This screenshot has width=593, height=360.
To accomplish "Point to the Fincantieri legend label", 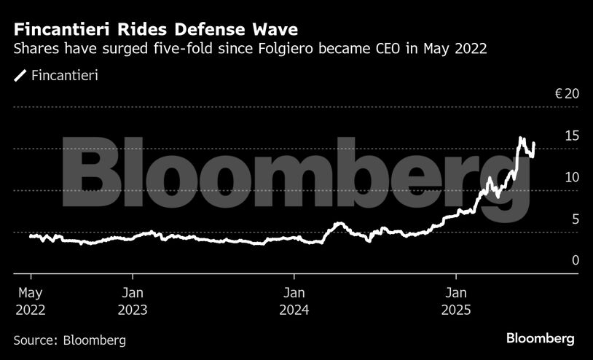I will (x=66, y=75).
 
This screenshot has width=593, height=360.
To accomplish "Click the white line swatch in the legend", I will (x=20, y=75).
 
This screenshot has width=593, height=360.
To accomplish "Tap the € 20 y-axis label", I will (x=566, y=94).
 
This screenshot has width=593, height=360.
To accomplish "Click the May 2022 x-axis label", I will (x=30, y=301).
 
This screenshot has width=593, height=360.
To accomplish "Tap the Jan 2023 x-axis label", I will (x=133, y=301).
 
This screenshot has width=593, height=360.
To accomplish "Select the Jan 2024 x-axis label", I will (x=294, y=301).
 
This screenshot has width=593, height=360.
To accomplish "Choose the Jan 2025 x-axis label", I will (x=456, y=301).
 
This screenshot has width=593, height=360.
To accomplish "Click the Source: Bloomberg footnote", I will (x=69, y=340).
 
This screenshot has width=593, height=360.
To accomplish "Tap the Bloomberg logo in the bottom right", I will (x=541, y=339).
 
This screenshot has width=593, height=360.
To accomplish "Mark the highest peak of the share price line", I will (x=521, y=137).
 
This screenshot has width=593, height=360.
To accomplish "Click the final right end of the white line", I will (x=535, y=144).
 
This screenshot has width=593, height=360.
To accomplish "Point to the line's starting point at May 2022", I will (x=30, y=236).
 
